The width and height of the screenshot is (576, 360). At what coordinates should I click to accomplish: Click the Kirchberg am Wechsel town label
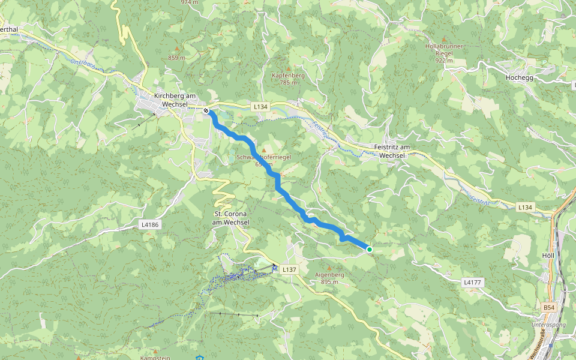pos(175,100)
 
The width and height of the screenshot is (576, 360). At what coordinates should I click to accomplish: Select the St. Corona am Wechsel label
pos(231,218)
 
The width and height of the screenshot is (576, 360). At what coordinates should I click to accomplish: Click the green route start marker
pos(370,249)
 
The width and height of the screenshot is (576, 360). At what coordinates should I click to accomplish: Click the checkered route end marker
pos(206,110)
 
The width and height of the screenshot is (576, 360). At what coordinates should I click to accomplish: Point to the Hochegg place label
pos(519,77)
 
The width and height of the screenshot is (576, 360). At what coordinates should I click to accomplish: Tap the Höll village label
pos(547,255)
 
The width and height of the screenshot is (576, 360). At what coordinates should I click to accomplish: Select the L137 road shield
pos(289,269)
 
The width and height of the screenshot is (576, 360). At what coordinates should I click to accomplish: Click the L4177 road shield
pos(473,281)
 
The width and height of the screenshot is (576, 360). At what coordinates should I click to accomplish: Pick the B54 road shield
pos(548,308)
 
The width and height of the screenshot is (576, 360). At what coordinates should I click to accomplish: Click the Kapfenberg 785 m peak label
pos(288,79)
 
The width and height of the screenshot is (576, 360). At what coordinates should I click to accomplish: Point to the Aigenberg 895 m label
pos(329,278)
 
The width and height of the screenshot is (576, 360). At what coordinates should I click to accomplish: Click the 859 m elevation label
pos(176,58)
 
